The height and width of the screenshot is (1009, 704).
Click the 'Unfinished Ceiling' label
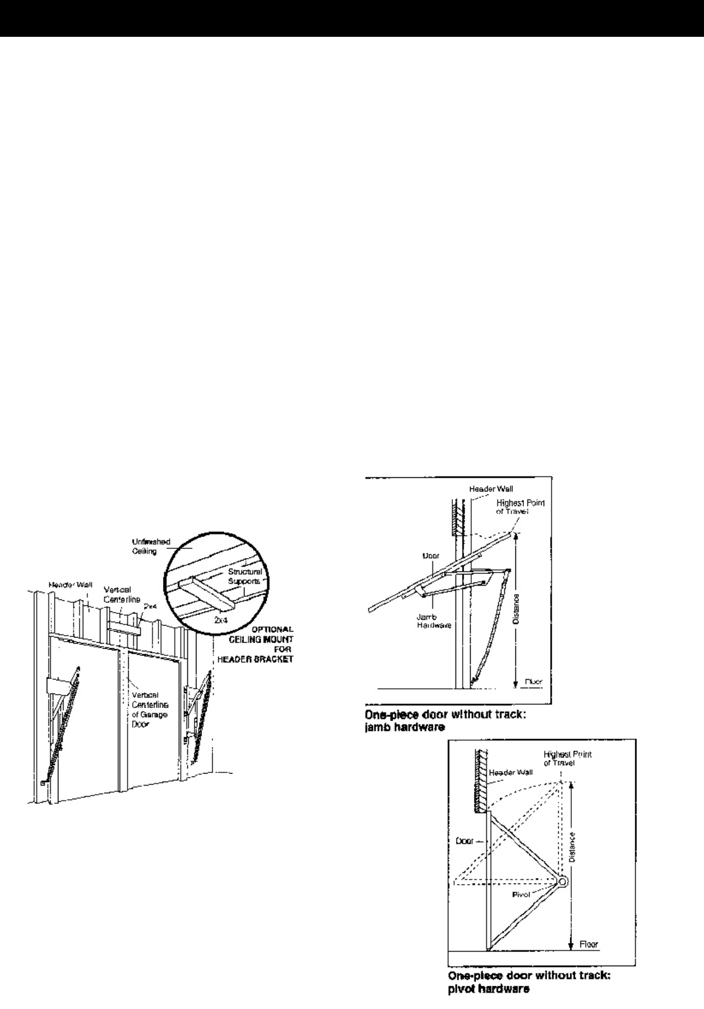[156, 546]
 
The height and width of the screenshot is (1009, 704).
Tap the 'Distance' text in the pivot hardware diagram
[573, 849]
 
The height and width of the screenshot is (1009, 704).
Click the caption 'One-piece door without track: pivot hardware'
[528, 981]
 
